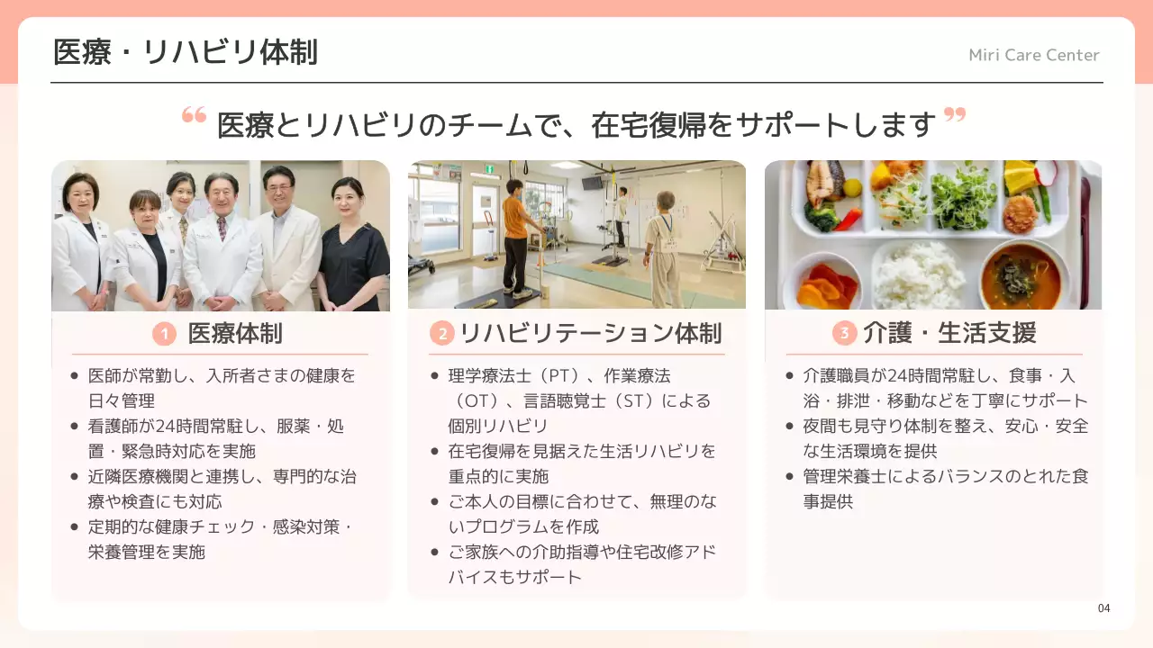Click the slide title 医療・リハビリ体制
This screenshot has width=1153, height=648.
click(186, 52)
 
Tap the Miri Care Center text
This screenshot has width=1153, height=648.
click(1033, 55)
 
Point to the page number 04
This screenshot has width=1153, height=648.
click(1103, 608)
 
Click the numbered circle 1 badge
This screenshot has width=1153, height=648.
click(164, 335)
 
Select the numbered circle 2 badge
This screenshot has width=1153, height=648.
click(441, 335)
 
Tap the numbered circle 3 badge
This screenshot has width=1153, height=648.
click(844, 334)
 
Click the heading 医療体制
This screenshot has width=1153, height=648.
click(234, 334)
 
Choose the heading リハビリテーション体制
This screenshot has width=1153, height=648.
click(590, 334)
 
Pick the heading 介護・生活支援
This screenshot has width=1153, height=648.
click(949, 333)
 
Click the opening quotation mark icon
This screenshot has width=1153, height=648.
click(194, 115)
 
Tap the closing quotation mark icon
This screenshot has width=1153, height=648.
click(954, 115)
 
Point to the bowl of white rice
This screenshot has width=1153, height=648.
click(919, 274)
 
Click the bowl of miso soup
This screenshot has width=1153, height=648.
click(1021, 275)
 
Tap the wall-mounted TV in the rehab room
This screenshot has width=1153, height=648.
click(592, 183)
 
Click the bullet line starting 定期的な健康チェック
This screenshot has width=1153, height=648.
click(220, 526)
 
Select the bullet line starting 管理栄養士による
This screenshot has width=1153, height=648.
click(946, 476)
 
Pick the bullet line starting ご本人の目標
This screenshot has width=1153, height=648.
click(582, 501)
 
